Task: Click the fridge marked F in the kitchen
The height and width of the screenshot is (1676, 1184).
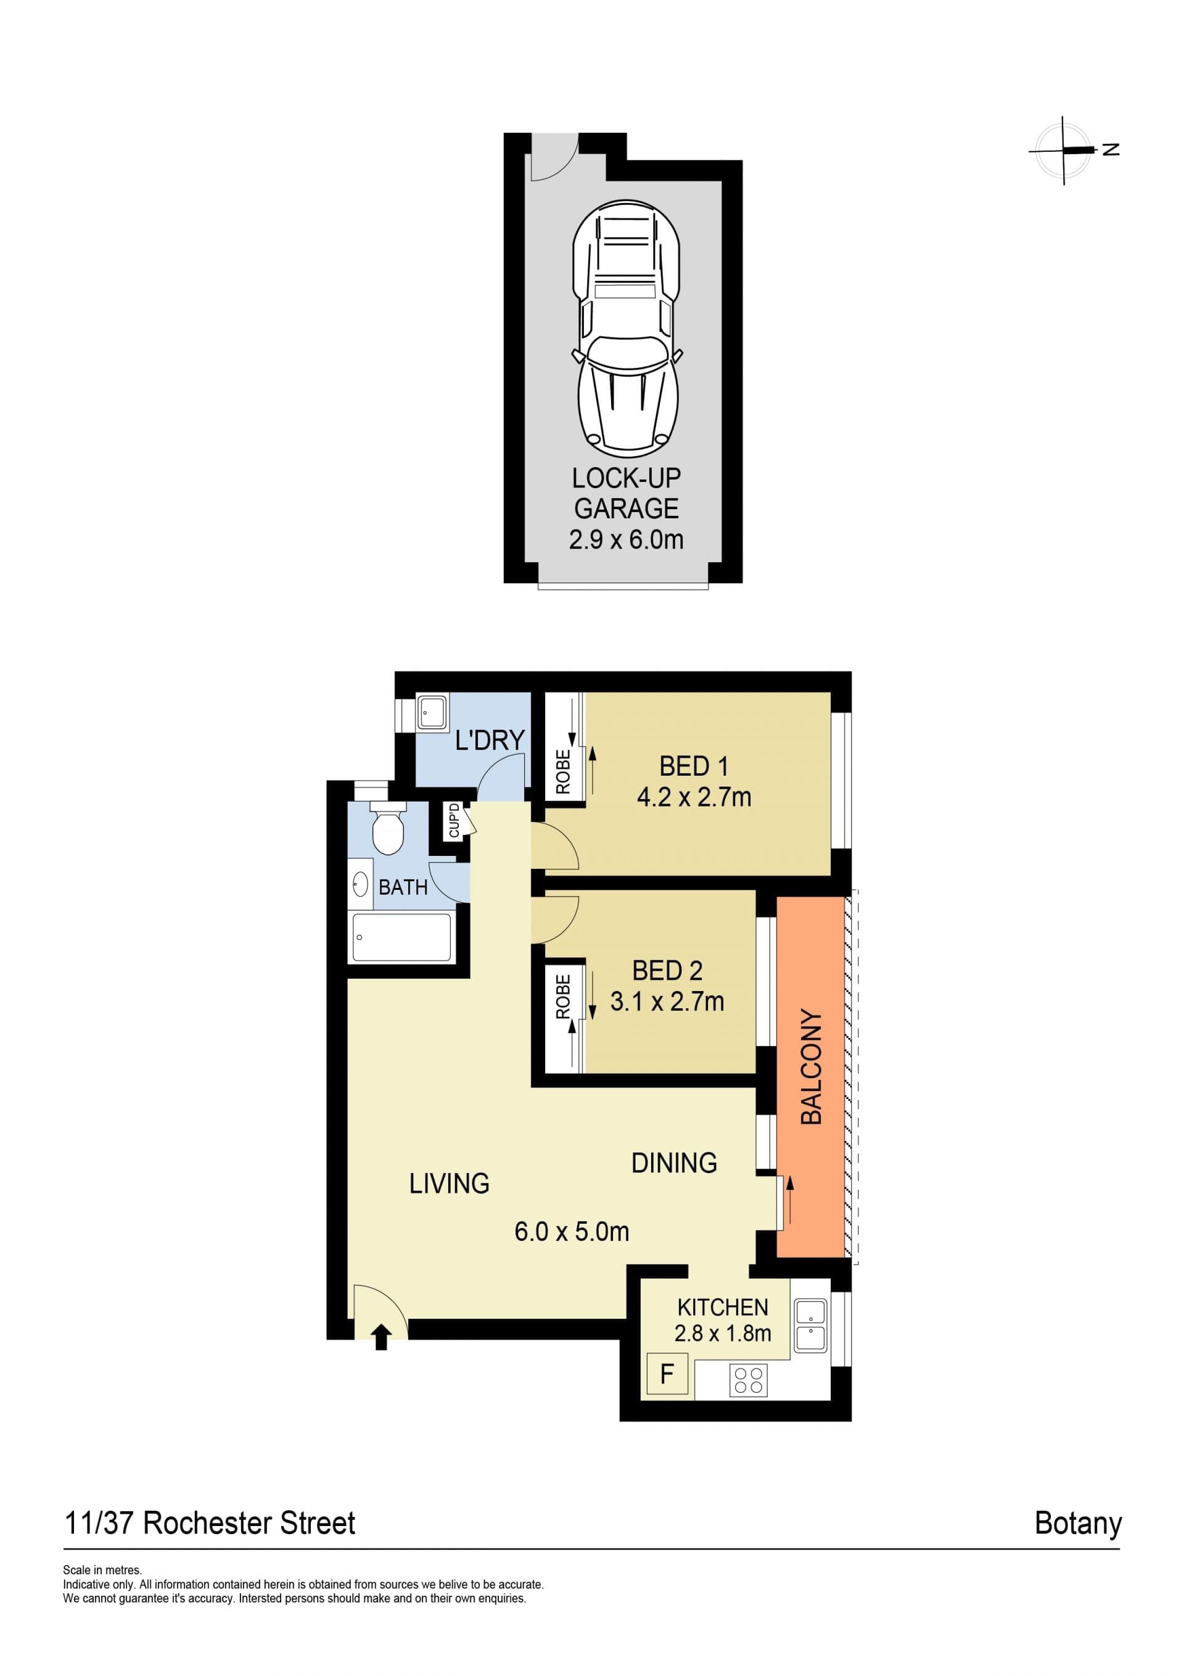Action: (667, 1374)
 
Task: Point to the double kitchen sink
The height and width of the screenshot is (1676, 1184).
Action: (810, 1325)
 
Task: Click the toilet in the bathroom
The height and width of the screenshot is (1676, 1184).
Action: (387, 828)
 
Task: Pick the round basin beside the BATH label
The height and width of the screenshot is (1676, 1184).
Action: (360, 886)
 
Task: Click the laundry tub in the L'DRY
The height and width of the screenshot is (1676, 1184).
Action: (433, 713)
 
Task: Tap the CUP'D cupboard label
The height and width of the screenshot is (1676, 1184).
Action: (454, 821)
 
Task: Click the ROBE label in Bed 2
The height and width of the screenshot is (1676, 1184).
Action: (562, 997)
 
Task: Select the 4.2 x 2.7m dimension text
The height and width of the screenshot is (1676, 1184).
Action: (694, 797)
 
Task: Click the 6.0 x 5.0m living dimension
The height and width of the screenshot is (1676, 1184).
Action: (571, 1232)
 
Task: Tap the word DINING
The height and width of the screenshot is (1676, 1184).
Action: (674, 1163)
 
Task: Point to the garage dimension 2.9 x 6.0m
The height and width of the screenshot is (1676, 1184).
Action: (626, 540)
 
